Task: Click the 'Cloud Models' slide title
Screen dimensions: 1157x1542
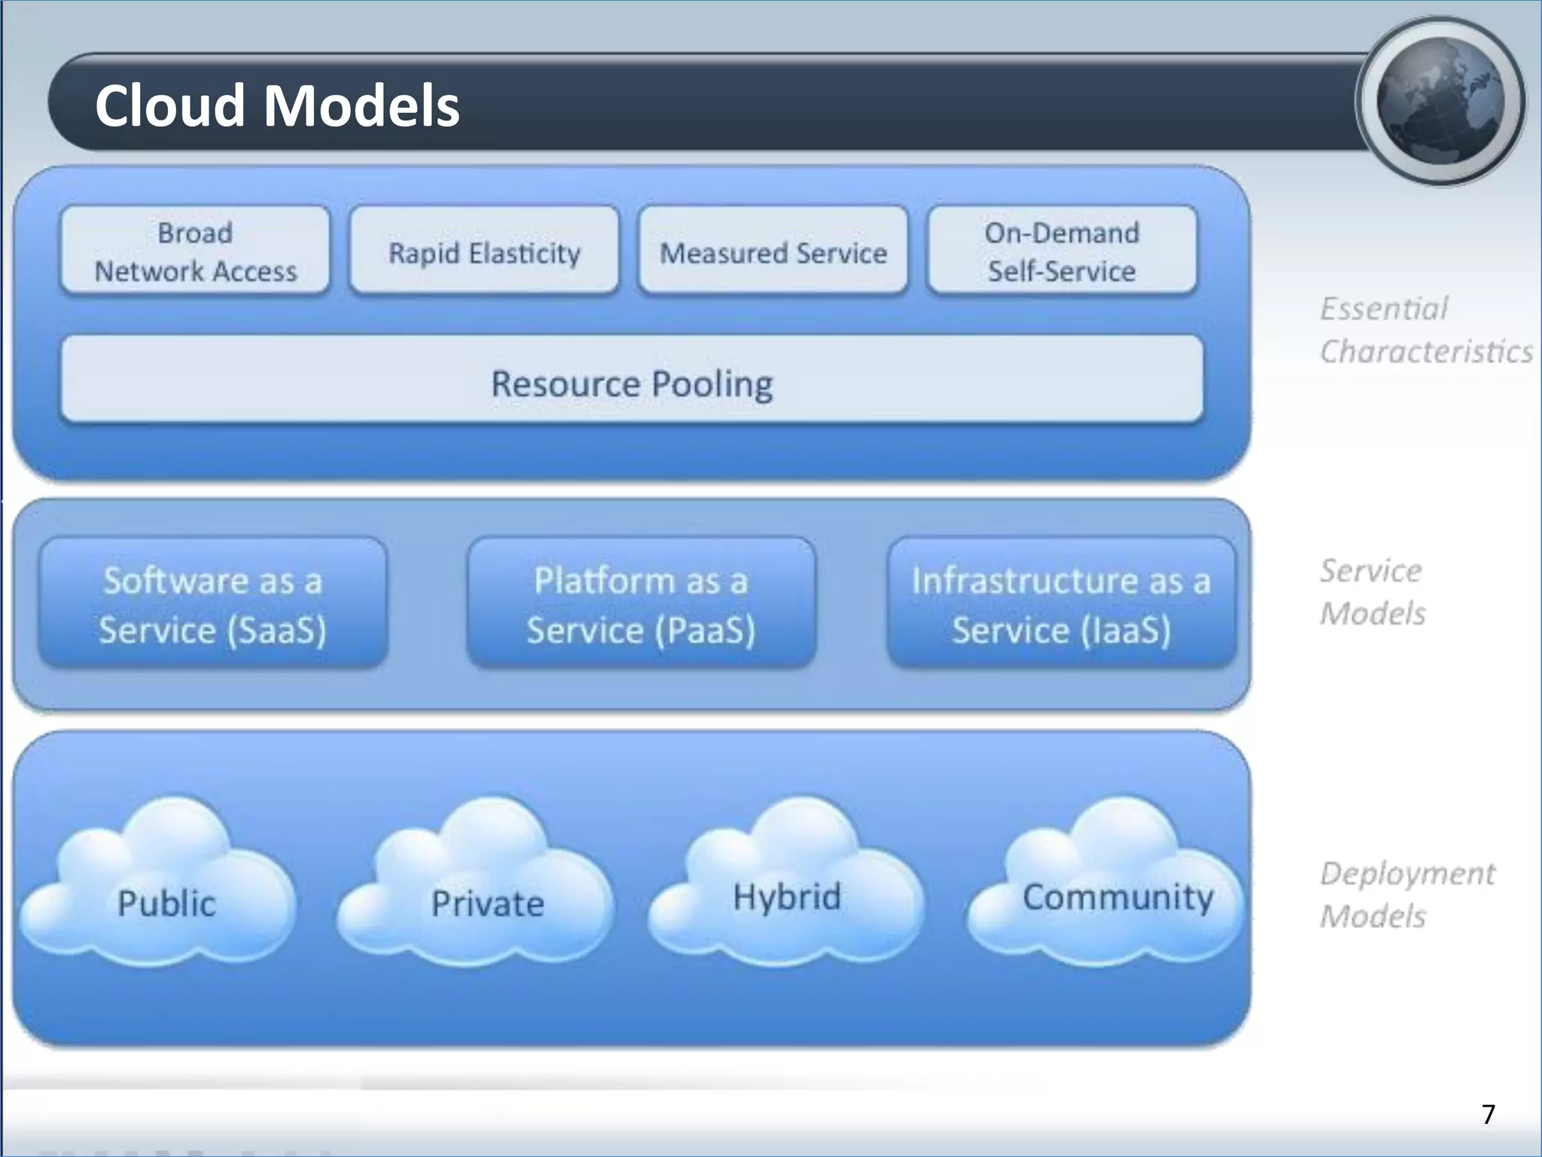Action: pyautogui.click(x=276, y=105)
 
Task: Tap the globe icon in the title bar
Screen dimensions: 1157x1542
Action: pyautogui.click(x=1440, y=102)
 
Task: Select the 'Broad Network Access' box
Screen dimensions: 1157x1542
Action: pyautogui.click(x=195, y=252)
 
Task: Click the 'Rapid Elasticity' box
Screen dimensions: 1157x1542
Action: pyautogui.click(x=484, y=252)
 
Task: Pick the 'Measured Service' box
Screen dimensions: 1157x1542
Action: pyautogui.click(x=773, y=252)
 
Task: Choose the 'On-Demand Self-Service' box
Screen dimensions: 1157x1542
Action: pyautogui.click(x=1062, y=252)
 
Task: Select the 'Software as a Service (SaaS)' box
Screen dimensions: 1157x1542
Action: pyautogui.click(x=213, y=604)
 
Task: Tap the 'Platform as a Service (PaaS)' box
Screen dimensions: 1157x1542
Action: pyautogui.click(x=641, y=604)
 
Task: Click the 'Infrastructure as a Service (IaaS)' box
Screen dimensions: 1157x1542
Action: pyautogui.click(x=1061, y=604)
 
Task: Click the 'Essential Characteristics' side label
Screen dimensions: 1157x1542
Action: pyautogui.click(x=1425, y=330)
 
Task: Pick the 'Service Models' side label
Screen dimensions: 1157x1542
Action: pyautogui.click(x=1372, y=592)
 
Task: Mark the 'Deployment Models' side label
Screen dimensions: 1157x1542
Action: pyautogui.click(x=1406, y=895)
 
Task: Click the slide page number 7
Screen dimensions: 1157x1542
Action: pyautogui.click(x=1488, y=1114)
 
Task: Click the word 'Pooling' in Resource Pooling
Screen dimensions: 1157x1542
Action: pyautogui.click(x=712, y=384)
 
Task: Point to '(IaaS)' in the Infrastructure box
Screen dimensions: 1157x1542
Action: pyautogui.click(x=1126, y=630)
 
